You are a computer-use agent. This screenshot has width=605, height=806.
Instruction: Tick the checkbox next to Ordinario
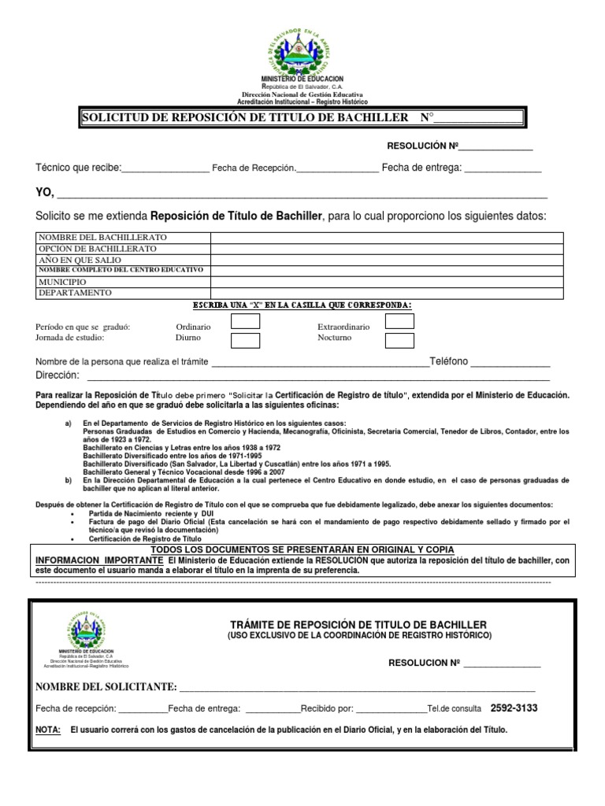pyautogui.click(x=245, y=321)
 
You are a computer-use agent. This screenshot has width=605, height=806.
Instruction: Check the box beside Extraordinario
pyautogui.click(x=399, y=321)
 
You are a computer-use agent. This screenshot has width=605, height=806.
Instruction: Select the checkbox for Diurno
pyautogui.click(x=245, y=340)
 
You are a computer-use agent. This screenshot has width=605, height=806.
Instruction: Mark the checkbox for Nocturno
pyautogui.click(x=399, y=340)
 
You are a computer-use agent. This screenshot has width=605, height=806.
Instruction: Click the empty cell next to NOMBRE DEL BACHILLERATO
pyautogui.click(x=386, y=238)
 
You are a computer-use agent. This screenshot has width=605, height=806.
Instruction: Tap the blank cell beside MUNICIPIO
pyautogui.click(x=386, y=282)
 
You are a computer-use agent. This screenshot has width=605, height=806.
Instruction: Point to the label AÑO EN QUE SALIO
pyautogui.click(x=82, y=260)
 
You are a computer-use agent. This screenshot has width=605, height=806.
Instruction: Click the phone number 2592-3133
pyautogui.click(x=514, y=708)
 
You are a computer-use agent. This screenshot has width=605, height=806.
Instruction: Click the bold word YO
pyautogui.click(x=45, y=194)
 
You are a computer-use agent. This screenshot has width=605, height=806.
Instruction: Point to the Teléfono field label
pyautogui.click(x=448, y=361)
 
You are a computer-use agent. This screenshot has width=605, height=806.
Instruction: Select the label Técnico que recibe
pyautogui.click(x=78, y=168)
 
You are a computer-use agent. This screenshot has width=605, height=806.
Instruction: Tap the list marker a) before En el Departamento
pyautogui.click(x=68, y=423)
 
